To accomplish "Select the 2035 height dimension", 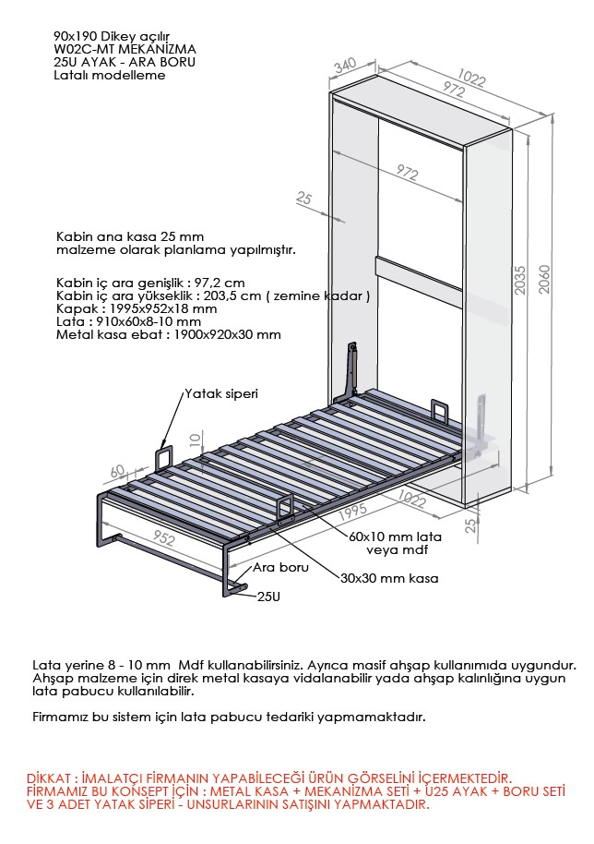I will (521, 280).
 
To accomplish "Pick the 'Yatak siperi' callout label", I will (221, 392).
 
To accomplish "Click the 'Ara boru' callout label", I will (280, 569).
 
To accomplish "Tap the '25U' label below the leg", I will (268, 597).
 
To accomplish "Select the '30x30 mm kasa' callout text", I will (388, 578).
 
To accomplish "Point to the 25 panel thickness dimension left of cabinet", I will (305, 198).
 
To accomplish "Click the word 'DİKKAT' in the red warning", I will (52, 778).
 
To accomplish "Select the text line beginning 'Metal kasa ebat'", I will (169, 334).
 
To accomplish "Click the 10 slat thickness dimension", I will (193, 438).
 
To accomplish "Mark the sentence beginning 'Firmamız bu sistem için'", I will (229, 716).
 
